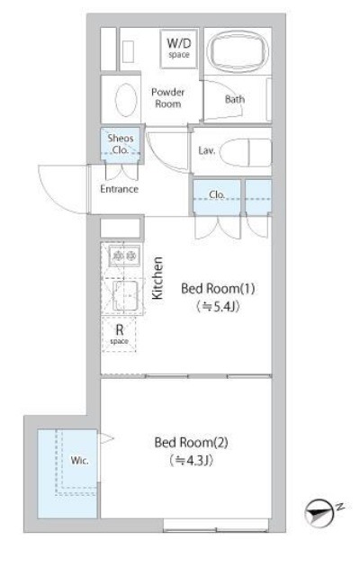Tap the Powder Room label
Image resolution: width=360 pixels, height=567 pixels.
(x=167, y=97)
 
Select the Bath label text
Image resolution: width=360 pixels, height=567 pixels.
(x=234, y=99)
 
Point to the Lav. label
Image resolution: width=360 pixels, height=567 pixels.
(x=205, y=150)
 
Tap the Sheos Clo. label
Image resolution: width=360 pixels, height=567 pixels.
(x=120, y=143)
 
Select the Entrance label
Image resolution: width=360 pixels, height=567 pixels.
(x=119, y=189)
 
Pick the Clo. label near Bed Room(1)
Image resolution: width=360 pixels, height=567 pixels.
(x=216, y=194)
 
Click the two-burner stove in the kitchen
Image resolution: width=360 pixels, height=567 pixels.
(x=122, y=256)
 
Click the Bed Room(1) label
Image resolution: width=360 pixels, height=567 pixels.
(x=219, y=289)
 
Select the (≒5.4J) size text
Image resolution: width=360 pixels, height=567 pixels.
(x=219, y=307)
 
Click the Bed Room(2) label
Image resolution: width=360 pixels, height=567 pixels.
(x=192, y=443)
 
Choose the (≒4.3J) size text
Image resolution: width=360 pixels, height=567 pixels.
(x=192, y=461)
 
